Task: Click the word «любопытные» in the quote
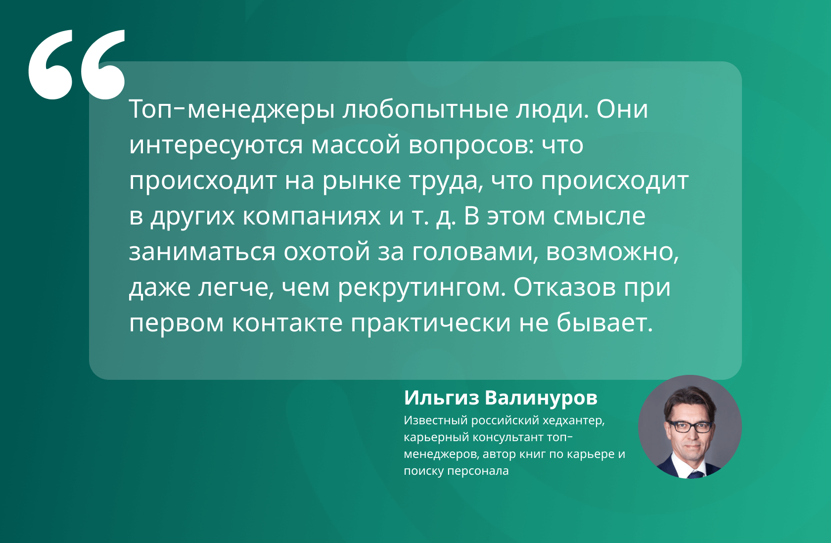pos(425,110)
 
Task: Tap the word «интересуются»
pos(216,145)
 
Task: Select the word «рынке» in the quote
pos(362,181)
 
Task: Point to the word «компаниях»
pos(312,217)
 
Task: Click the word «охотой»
pos(327,252)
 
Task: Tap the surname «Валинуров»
pos(541,398)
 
